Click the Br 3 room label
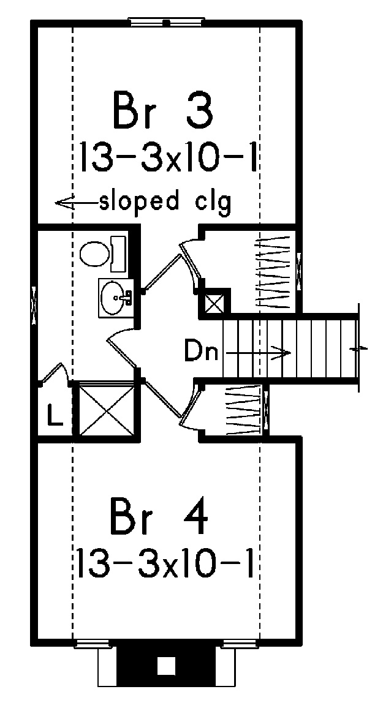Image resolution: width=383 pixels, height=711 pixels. coord(163,110)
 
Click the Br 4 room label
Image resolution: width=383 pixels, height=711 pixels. coord(159,516)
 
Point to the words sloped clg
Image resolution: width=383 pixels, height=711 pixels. coord(165,202)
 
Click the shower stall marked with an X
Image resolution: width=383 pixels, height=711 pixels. coord(106,410)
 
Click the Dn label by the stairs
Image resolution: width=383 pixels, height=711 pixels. coord(201,352)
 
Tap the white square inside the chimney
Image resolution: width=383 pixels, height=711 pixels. coord(166,666)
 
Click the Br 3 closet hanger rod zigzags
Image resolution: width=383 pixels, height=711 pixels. coord(273,272)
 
